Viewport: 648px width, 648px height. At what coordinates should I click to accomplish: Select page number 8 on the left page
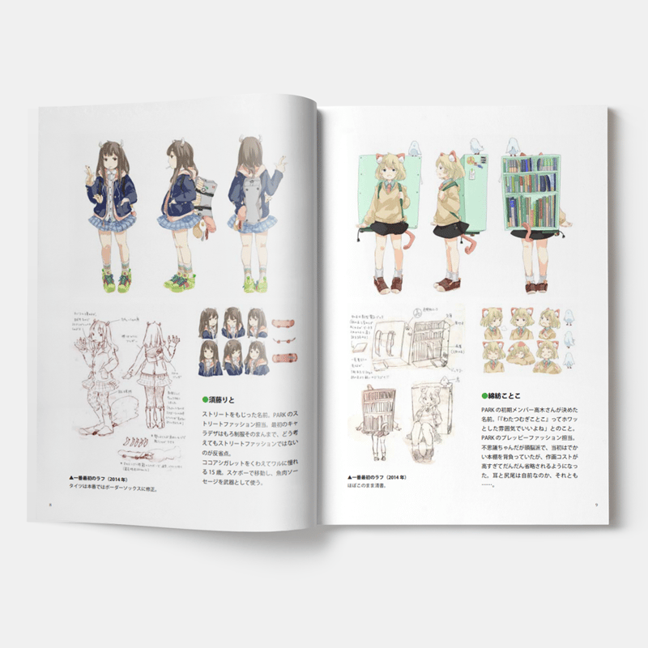click(x=50, y=502)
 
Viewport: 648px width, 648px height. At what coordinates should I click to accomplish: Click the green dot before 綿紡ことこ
click(x=484, y=397)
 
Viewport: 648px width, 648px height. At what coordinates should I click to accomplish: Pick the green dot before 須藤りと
click(x=204, y=400)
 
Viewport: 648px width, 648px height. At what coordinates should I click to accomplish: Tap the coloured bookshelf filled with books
click(x=530, y=194)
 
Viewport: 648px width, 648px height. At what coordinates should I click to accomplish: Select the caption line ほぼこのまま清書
click(x=369, y=486)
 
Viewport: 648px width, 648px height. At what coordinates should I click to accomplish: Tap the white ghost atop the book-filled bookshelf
click(x=514, y=146)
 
